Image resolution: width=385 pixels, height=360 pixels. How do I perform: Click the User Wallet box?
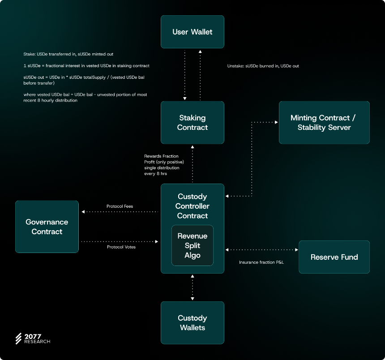[192, 32]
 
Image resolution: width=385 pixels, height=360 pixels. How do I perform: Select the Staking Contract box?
[192, 123]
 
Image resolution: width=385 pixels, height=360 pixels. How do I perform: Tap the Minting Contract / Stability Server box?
[324, 123]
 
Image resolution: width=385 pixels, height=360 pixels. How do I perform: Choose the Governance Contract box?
[47, 227]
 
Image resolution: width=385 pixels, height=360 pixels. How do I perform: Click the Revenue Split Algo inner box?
[192, 245]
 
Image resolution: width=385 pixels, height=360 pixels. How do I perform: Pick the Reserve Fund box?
[334, 257]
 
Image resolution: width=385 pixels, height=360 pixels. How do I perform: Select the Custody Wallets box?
[192, 323]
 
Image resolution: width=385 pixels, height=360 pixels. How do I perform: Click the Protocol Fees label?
[120, 206]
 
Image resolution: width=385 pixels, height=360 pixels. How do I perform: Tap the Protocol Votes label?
[121, 247]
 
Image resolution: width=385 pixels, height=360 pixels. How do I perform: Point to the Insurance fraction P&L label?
[261, 262]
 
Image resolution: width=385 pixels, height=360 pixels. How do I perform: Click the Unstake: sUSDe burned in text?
[250, 66]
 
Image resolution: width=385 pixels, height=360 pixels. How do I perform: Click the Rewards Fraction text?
[161, 156]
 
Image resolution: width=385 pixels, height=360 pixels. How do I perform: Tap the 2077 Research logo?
[33, 339]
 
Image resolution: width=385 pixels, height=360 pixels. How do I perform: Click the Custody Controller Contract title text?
[192, 206]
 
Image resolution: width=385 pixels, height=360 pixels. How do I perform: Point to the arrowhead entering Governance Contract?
[83, 212]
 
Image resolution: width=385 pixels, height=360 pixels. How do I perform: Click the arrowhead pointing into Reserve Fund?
[297, 250]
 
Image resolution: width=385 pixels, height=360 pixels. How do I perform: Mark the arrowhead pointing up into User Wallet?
[200, 51]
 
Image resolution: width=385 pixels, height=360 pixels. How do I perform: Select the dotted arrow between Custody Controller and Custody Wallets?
[192, 287]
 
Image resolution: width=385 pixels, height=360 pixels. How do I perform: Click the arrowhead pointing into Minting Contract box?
[277, 122]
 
